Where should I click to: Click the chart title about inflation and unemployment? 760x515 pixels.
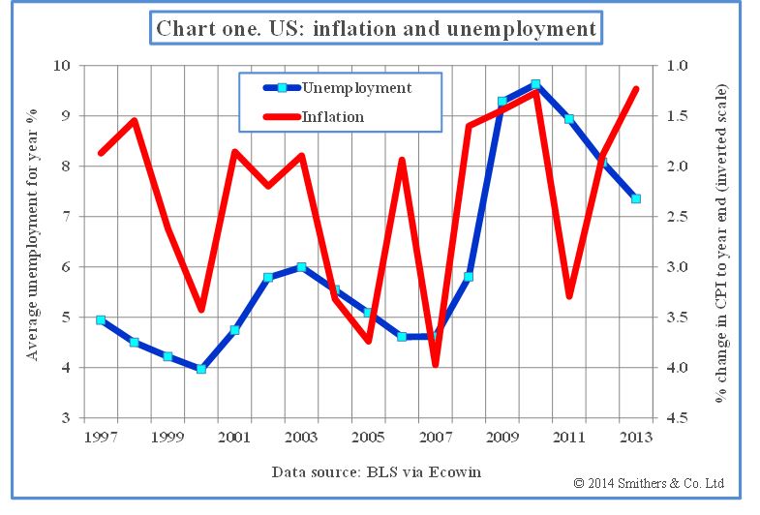point(377,28)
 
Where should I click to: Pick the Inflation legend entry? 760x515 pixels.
point(333,117)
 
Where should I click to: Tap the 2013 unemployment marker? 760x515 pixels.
point(636,198)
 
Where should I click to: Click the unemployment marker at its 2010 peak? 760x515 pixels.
point(535,84)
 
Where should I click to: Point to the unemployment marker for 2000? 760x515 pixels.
point(201,369)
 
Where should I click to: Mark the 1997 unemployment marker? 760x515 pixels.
point(101,319)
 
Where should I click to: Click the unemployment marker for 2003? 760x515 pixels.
point(301,267)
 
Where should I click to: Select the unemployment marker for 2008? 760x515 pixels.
point(469,277)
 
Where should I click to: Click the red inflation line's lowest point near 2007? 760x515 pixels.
point(436,364)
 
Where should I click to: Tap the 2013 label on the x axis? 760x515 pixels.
point(636,437)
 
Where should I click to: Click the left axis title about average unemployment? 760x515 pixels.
point(33,242)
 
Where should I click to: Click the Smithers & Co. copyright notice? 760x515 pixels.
point(649,482)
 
